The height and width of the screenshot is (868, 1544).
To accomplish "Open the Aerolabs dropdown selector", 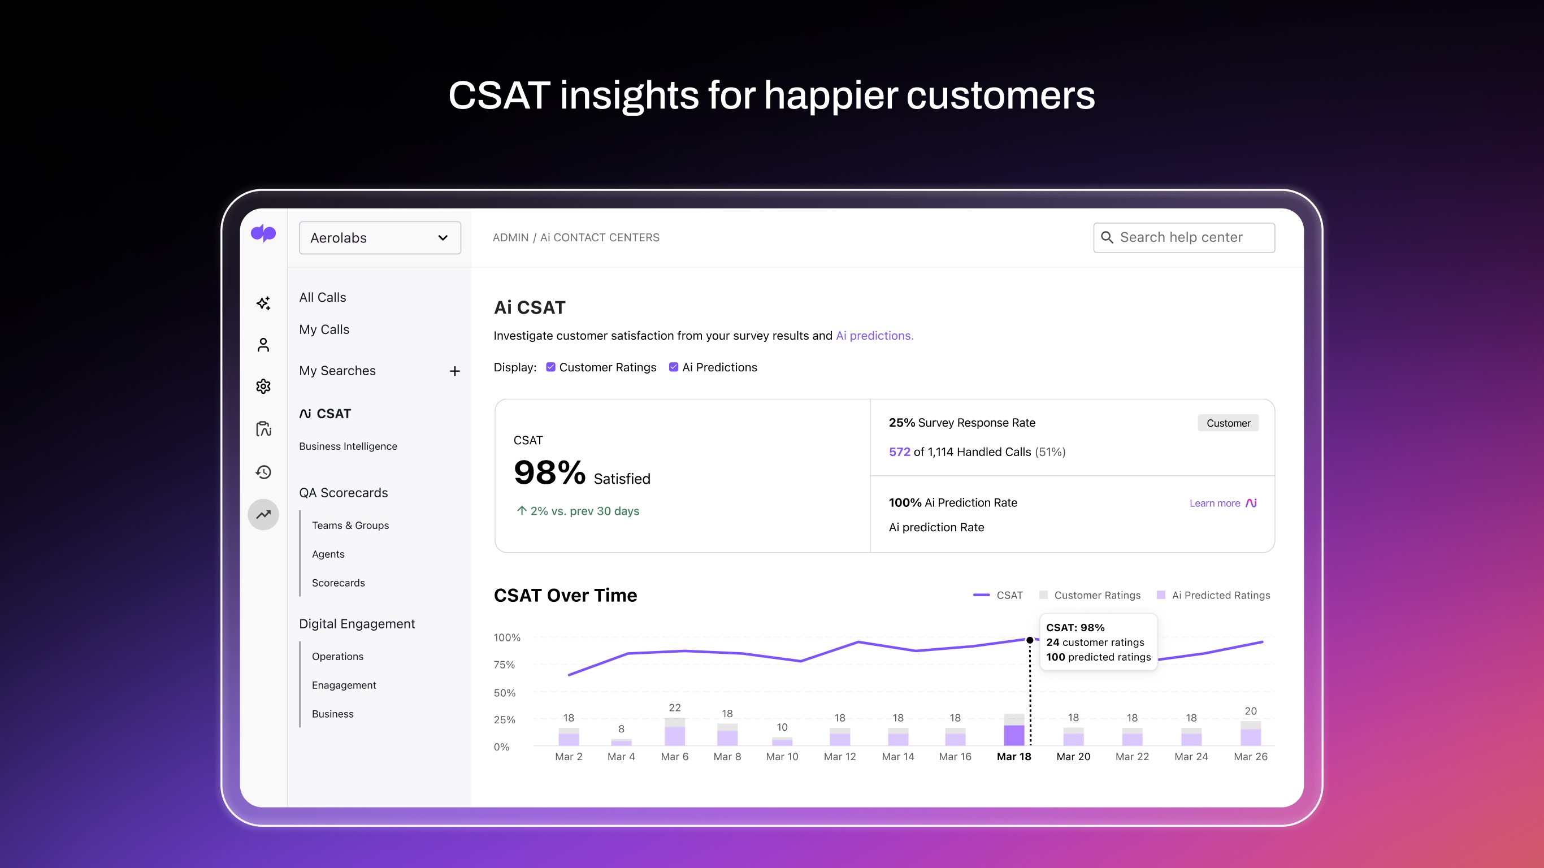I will [379, 238].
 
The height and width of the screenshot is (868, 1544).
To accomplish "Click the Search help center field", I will [1184, 237].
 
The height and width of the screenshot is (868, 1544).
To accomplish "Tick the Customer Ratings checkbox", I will [551, 367].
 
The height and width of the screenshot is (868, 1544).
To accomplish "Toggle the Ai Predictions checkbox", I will [674, 367].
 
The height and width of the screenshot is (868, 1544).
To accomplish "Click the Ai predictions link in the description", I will [874, 336].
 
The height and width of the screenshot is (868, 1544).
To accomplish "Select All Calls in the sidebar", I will [323, 297].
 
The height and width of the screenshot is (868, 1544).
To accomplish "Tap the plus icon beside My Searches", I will [455, 371].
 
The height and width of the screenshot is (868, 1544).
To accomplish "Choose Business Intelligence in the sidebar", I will [348, 446].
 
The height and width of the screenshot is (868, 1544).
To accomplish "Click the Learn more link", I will [1215, 503].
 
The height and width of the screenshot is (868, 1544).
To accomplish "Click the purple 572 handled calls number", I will [899, 452].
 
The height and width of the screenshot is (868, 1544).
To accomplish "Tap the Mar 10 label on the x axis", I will [782, 757].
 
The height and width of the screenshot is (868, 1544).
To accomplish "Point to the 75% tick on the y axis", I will [504, 665].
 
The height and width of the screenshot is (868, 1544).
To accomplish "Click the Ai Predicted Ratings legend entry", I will [1220, 595].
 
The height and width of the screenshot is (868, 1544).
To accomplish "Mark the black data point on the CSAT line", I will [1030, 640].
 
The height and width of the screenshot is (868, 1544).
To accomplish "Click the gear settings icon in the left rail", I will [263, 386].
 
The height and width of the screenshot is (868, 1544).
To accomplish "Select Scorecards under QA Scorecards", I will [338, 583].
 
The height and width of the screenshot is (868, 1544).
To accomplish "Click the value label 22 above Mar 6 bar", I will [675, 708].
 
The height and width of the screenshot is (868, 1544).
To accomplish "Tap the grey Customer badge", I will [1228, 423].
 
